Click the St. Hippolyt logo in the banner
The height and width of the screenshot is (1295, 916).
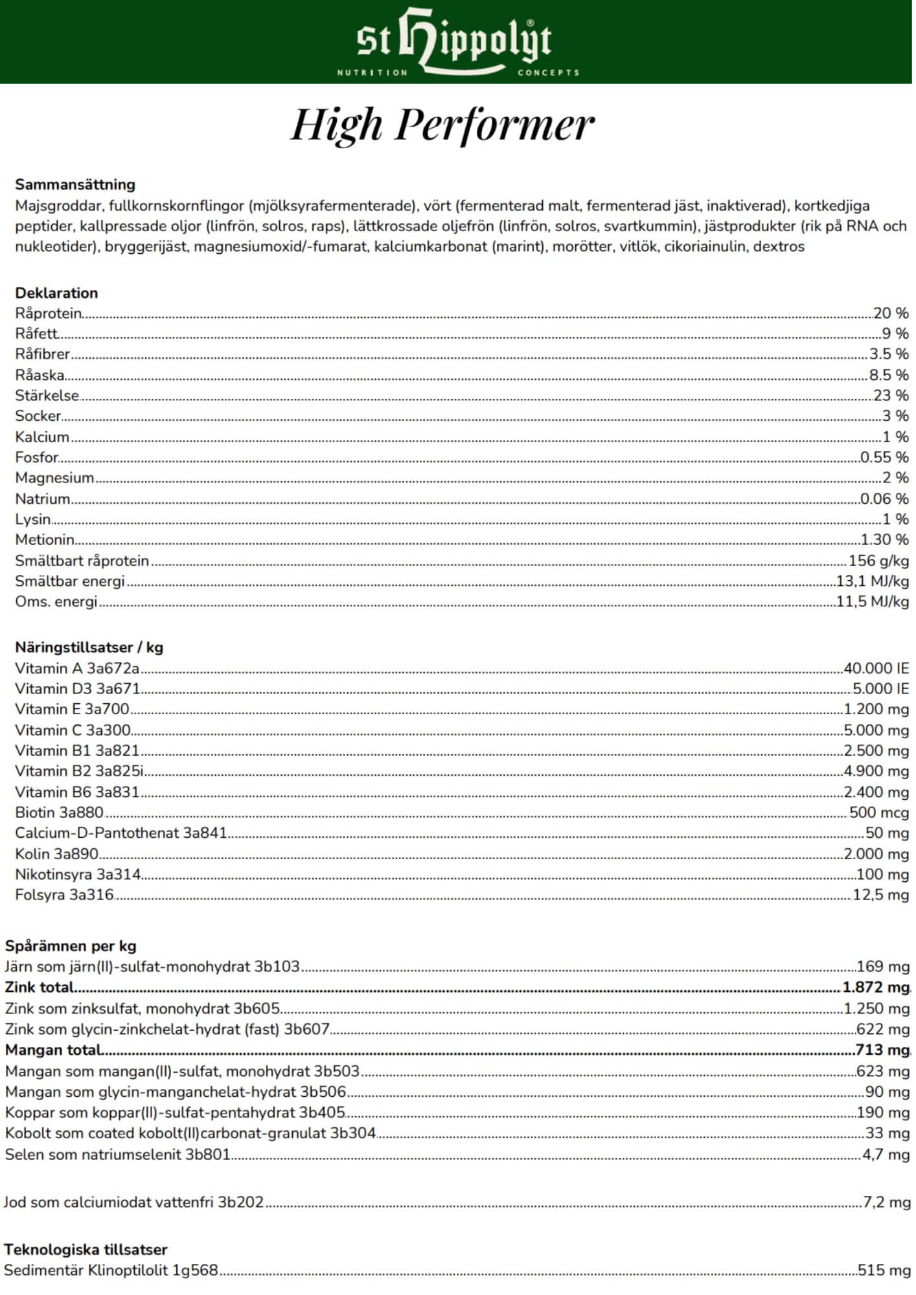(x=457, y=42)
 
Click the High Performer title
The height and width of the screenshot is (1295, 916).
(x=442, y=124)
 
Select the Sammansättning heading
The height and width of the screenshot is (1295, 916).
(x=75, y=185)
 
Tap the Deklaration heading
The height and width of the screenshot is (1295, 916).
(x=56, y=293)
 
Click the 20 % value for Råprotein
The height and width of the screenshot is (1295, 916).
(x=891, y=313)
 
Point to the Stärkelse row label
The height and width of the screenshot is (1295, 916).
(x=47, y=396)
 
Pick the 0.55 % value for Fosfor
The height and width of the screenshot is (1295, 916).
(x=884, y=457)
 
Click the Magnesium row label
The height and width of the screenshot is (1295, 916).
(x=54, y=478)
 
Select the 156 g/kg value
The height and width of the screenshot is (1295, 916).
(x=879, y=561)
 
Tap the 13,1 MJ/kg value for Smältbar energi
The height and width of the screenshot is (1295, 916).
(x=873, y=581)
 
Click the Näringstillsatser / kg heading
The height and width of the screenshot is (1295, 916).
(x=89, y=647)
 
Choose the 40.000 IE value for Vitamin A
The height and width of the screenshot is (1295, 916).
(x=876, y=668)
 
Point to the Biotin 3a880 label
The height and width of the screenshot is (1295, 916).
(x=59, y=813)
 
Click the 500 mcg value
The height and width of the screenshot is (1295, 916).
(x=879, y=813)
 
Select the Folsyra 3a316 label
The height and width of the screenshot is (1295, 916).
(x=64, y=895)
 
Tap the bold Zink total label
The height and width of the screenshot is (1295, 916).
(x=40, y=987)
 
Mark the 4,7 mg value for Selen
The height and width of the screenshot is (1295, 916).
(x=886, y=1154)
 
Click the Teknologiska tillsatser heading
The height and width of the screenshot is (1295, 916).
(x=86, y=1250)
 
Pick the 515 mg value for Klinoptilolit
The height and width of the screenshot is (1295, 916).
(x=884, y=1270)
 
